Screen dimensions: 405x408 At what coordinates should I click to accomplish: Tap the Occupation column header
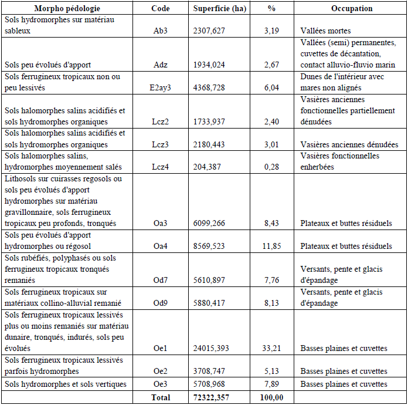(351, 9)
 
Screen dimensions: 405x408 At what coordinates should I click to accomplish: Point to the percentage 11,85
(271, 246)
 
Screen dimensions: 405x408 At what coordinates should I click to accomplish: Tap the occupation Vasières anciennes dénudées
(349, 145)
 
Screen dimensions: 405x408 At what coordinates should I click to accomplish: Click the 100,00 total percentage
(271, 397)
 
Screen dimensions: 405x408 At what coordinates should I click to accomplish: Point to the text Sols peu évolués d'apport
(47, 65)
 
